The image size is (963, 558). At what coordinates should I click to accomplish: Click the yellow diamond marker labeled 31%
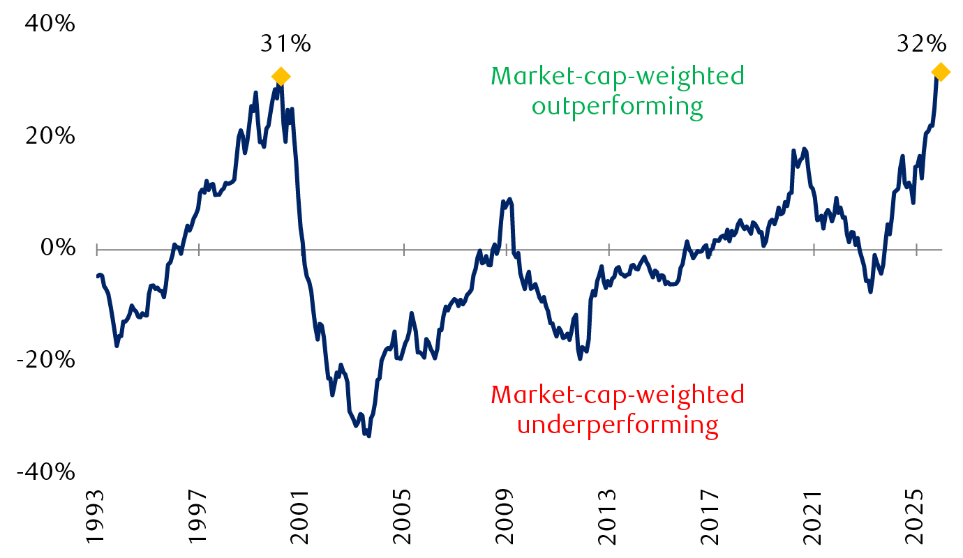(x=281, y=77)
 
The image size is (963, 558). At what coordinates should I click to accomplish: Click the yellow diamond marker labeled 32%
(x=940, y=72)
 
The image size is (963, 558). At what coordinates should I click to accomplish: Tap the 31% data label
(x=285, y=44)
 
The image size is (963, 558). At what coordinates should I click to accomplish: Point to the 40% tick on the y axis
(x=50, y=24)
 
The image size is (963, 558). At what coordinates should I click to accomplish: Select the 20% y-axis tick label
(x=50, y=136)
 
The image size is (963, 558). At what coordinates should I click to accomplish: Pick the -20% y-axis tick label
(x=46, y=361)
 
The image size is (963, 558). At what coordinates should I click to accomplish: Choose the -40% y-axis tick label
(x=46, y=473)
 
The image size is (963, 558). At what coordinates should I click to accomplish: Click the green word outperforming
(x=617, y=107)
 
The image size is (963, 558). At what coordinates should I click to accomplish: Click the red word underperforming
(x=617, y=424)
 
